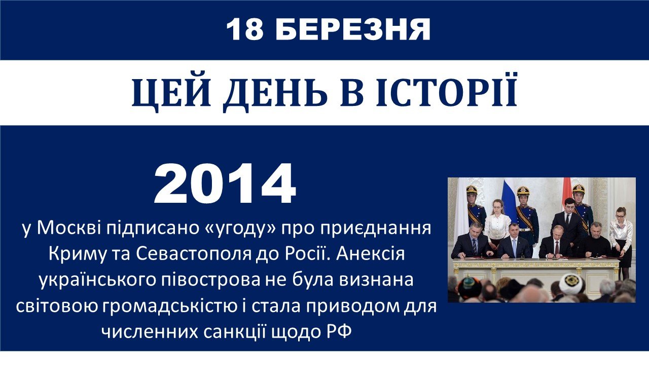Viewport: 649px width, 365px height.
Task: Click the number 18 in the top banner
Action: pyautogui.click(x=245, y=29)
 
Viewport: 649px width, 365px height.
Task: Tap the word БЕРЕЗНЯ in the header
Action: pyautogui.click(x=352, y=29)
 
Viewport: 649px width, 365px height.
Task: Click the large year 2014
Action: pyautogui.click(x=225, y=184)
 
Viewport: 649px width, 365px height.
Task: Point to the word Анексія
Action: pyautogui.click(x=370, y=254)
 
